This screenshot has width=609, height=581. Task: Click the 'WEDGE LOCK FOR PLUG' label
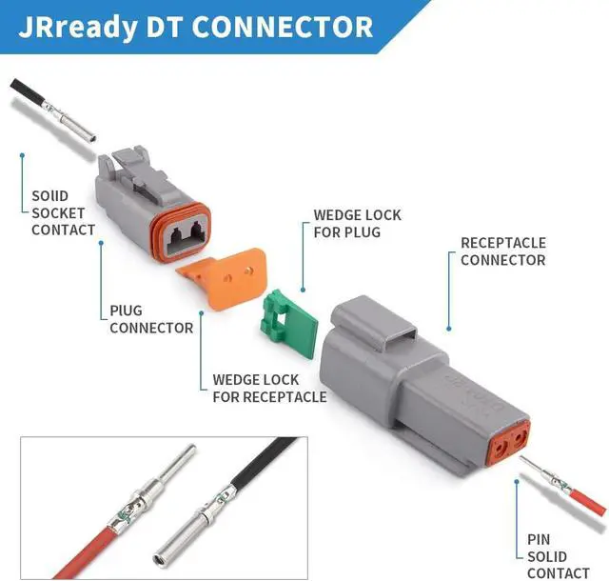pyautogui.click(x=357, y=223)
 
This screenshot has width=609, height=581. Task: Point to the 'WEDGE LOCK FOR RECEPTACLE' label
pyautogui.click(x=269, y=389)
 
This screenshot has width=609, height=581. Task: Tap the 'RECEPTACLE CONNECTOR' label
pyautogui.click(x=502, y=251)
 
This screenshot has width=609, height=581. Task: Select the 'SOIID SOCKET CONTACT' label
pyautogui.click(x=63, y=212)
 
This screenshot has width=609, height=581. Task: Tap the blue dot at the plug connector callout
pyautogui.click(x=100, y=244)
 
